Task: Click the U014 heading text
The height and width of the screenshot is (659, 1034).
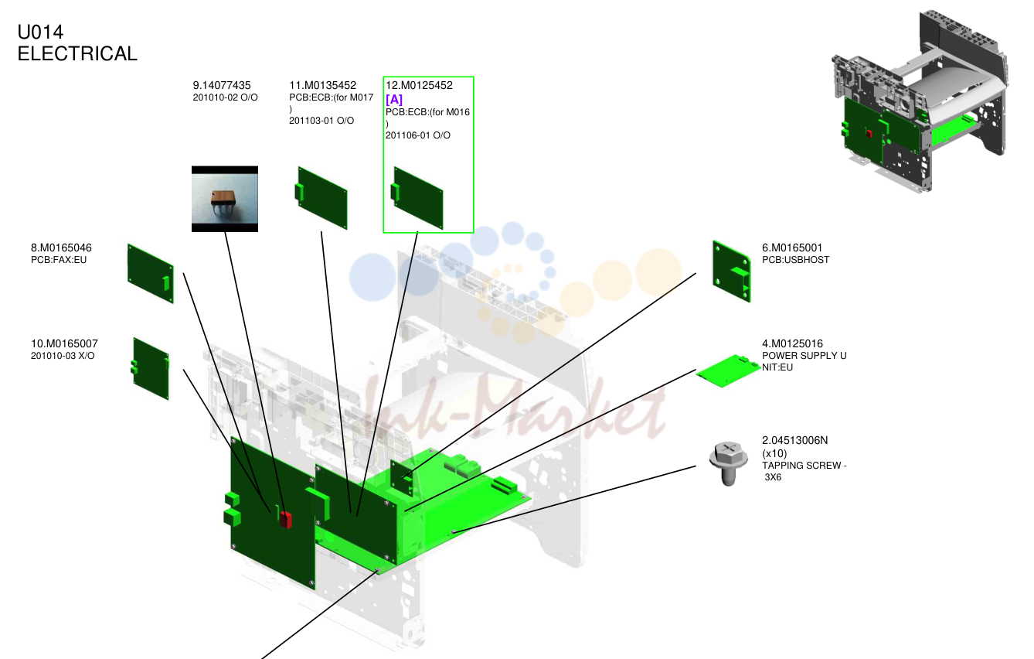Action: click(40, 32)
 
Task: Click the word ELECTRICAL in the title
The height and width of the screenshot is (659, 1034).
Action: click(77, 53)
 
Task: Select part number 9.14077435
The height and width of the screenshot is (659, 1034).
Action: click(222, 86)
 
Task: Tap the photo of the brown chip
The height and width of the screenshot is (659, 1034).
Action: click(225, 199)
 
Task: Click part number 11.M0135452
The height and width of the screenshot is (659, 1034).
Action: click(323, 86)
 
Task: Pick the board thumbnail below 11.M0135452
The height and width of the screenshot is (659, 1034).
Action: click(321, 198)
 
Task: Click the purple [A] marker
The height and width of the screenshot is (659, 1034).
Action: click(394, 99)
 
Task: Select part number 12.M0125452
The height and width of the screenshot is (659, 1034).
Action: click(419, 86)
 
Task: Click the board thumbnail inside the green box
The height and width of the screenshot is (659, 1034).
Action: click(417, 198)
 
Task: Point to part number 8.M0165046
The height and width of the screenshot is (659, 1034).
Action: click(61, 248)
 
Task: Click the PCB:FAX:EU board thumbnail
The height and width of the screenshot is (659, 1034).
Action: click(151, 274)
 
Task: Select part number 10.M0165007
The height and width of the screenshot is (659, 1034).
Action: click(64, 344)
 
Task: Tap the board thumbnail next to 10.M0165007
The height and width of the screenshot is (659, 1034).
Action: click(151, 369)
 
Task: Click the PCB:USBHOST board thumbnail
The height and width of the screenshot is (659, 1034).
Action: click(732, 271)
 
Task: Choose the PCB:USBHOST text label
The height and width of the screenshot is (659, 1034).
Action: click(795, 260)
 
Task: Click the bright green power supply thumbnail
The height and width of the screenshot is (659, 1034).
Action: click(729, 370)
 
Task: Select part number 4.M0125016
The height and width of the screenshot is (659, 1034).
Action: click(792, 344)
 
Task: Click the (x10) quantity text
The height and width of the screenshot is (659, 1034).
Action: click(774, 453)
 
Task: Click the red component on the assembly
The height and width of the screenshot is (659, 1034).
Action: click(286, 520)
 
